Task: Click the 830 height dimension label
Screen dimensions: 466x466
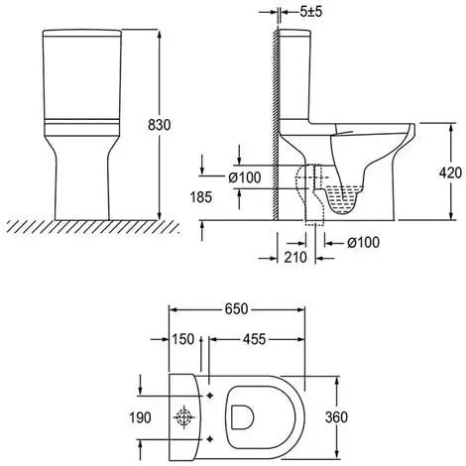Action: click(160, 125)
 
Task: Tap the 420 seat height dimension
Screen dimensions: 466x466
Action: click(450, 173)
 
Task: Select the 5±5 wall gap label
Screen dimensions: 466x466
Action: click(310, 12)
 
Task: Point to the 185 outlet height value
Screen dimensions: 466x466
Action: click(201, 197)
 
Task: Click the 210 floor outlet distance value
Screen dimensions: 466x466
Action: click(295, 257)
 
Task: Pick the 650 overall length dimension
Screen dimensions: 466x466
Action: click(236, 309)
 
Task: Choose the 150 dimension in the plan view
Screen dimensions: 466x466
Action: click(182, 339)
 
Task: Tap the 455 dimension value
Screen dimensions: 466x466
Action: click(254, 339)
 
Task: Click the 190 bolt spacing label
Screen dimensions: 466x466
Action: click(140, 417)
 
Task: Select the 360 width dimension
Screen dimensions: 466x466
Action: click(336, 417)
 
